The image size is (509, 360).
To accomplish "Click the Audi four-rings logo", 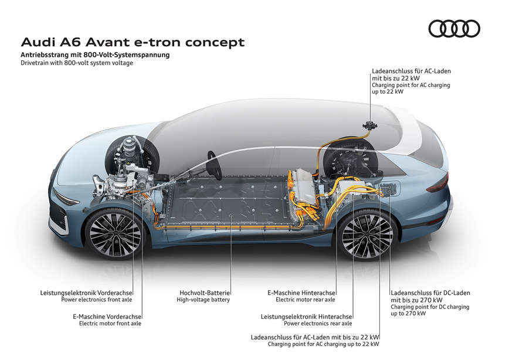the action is click(454, 29).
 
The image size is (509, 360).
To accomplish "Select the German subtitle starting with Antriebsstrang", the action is click(95, 55).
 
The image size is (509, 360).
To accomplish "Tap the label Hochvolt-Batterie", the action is click(205, 293).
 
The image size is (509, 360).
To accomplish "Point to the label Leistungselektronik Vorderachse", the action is click(86, 293).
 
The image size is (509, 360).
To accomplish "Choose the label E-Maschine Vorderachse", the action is click(107, 317).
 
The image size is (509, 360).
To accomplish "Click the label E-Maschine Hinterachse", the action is click(301, 293).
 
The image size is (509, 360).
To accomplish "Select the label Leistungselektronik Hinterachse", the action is click(307, 317).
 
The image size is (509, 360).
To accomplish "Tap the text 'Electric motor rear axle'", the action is click(305, 300).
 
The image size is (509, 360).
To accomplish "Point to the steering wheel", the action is click(215, 165).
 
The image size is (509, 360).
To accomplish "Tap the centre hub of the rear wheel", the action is click(368, 235).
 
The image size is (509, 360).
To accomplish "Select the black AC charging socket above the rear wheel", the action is click(369, 125).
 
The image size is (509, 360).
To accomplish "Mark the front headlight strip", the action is click(66, 198).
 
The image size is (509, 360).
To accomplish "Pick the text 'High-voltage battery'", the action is click(203, 300).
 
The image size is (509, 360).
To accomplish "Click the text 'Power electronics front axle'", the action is click(97, 300).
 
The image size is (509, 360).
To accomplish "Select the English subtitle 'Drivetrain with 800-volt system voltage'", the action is click(77, 63).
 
